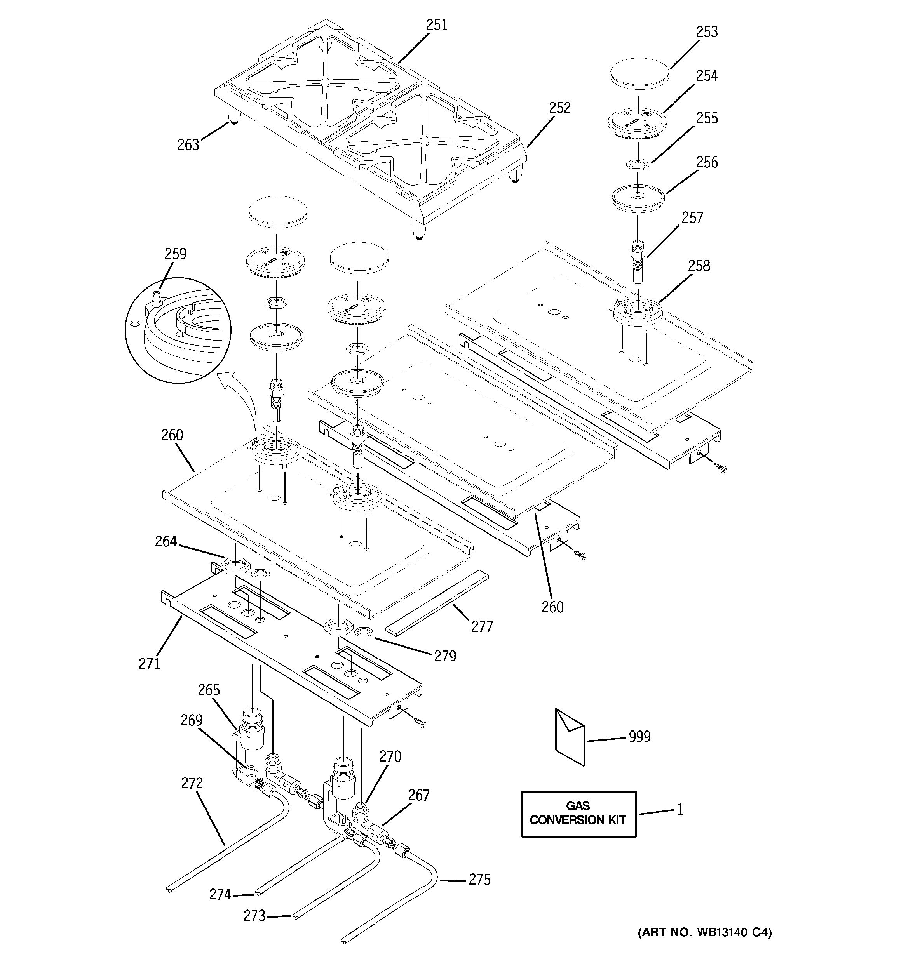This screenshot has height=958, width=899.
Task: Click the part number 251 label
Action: coord(436,25)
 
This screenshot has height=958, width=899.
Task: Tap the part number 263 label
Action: coord(188,144)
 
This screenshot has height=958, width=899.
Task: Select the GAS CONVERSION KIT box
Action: coord(578,814)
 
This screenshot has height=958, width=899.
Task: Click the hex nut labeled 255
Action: coord(637,165)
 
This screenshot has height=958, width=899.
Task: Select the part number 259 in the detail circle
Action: coord(176,254)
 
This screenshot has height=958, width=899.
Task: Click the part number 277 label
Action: coord(482,626)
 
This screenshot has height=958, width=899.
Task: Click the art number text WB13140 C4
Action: coord(705,946)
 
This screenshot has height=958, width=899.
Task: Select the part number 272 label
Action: coord(192,784)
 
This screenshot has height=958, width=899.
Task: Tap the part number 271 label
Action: coord(150,664)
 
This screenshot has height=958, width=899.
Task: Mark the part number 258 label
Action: coord(699,266)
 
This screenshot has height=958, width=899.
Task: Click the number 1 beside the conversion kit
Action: coord(679,810)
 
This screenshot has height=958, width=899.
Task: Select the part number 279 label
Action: coord(444,656)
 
